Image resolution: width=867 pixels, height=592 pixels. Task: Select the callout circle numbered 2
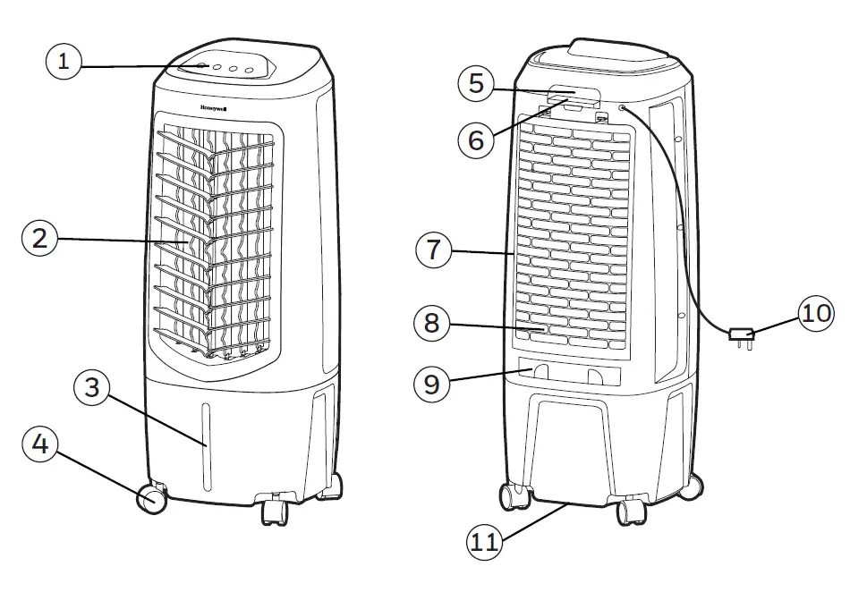40,238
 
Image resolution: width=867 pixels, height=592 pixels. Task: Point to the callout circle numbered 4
40,445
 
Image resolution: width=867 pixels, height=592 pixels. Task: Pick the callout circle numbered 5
476,83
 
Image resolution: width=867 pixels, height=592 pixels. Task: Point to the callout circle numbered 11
483,541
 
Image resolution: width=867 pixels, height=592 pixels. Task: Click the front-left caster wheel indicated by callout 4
153,498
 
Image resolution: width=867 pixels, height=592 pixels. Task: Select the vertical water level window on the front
206,447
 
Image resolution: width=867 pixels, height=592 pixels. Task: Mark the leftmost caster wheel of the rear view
513,495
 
